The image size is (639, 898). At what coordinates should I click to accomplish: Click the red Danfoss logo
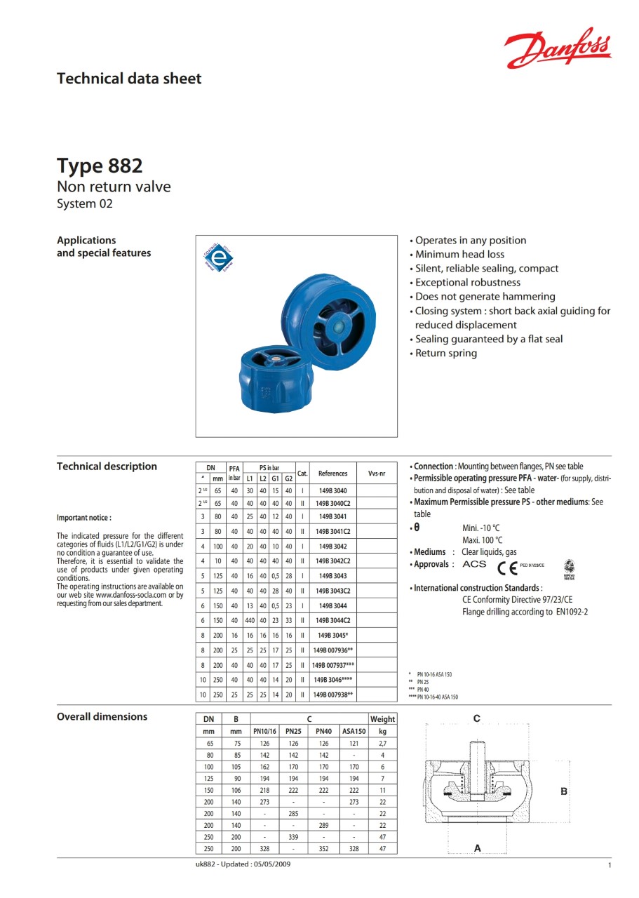(558, 48)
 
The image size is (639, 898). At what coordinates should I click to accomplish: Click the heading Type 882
(100, 166)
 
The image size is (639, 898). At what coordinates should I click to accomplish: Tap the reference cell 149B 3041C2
(332, 531)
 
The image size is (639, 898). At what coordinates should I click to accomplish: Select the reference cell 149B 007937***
(332, 664)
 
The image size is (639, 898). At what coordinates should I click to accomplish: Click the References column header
(332, 474)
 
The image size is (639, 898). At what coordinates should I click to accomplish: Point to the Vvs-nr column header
(377, 474)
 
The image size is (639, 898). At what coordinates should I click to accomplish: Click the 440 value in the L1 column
(250, 620)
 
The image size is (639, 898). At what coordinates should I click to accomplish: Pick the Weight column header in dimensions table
(382, 719)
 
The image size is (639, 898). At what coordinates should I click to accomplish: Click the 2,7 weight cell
(382, 743)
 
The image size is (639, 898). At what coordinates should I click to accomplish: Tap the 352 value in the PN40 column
(323, 849)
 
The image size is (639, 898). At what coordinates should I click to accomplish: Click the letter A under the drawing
(478, 848)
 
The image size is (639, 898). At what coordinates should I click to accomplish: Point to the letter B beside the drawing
(564, 791)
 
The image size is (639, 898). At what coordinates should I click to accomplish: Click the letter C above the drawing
(477, 718)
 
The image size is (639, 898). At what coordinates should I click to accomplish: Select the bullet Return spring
(446, 353)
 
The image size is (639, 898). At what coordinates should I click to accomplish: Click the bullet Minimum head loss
(459, 255)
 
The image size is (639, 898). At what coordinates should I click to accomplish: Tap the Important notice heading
(84, 518)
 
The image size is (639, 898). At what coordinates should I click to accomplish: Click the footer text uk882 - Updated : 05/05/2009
(243, 864)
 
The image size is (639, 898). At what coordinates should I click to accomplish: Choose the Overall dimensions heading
(102, 716)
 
